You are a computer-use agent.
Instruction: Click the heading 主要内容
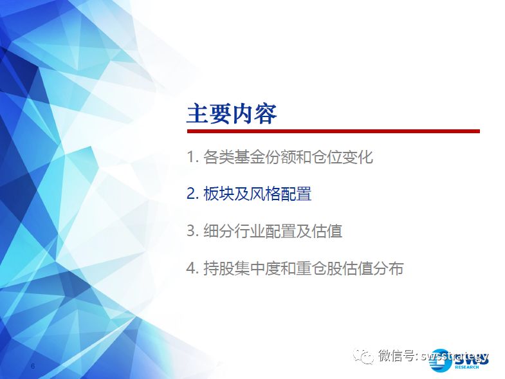coord(232,113)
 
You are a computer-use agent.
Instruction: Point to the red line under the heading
coord(333,131)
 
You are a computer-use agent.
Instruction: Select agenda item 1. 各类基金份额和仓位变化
coord(280,157)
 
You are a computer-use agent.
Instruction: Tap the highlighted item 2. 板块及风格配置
coord(249,194)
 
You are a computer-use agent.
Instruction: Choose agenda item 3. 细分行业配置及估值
coord(264,231)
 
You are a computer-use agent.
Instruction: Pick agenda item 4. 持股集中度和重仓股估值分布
coord(295,268)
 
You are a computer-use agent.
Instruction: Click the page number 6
coord(33,366)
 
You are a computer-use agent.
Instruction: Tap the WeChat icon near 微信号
coord(363,356)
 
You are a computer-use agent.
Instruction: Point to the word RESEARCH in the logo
coord(466,367)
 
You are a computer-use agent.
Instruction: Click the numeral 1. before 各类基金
coord(192,157)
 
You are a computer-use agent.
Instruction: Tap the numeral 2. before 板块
coord(192,194)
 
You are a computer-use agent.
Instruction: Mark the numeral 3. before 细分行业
coord(192,231)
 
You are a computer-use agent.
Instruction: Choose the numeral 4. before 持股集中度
coord(192,268)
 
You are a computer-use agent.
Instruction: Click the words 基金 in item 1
coord(249,157)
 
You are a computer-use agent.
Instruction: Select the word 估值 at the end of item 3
coord(327,231)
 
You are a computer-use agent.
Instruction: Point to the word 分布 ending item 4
coord(389,268)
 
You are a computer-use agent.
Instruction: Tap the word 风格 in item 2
coord(265,194)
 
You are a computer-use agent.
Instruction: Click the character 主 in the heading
coord(197,113)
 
